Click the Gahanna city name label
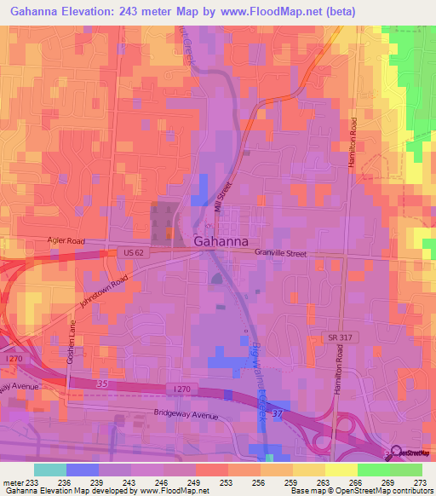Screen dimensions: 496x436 221,241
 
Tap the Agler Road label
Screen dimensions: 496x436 67,241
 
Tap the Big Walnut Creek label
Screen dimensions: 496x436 258,379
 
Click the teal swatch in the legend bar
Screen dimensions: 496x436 50,469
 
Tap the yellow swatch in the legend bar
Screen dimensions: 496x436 341,469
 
